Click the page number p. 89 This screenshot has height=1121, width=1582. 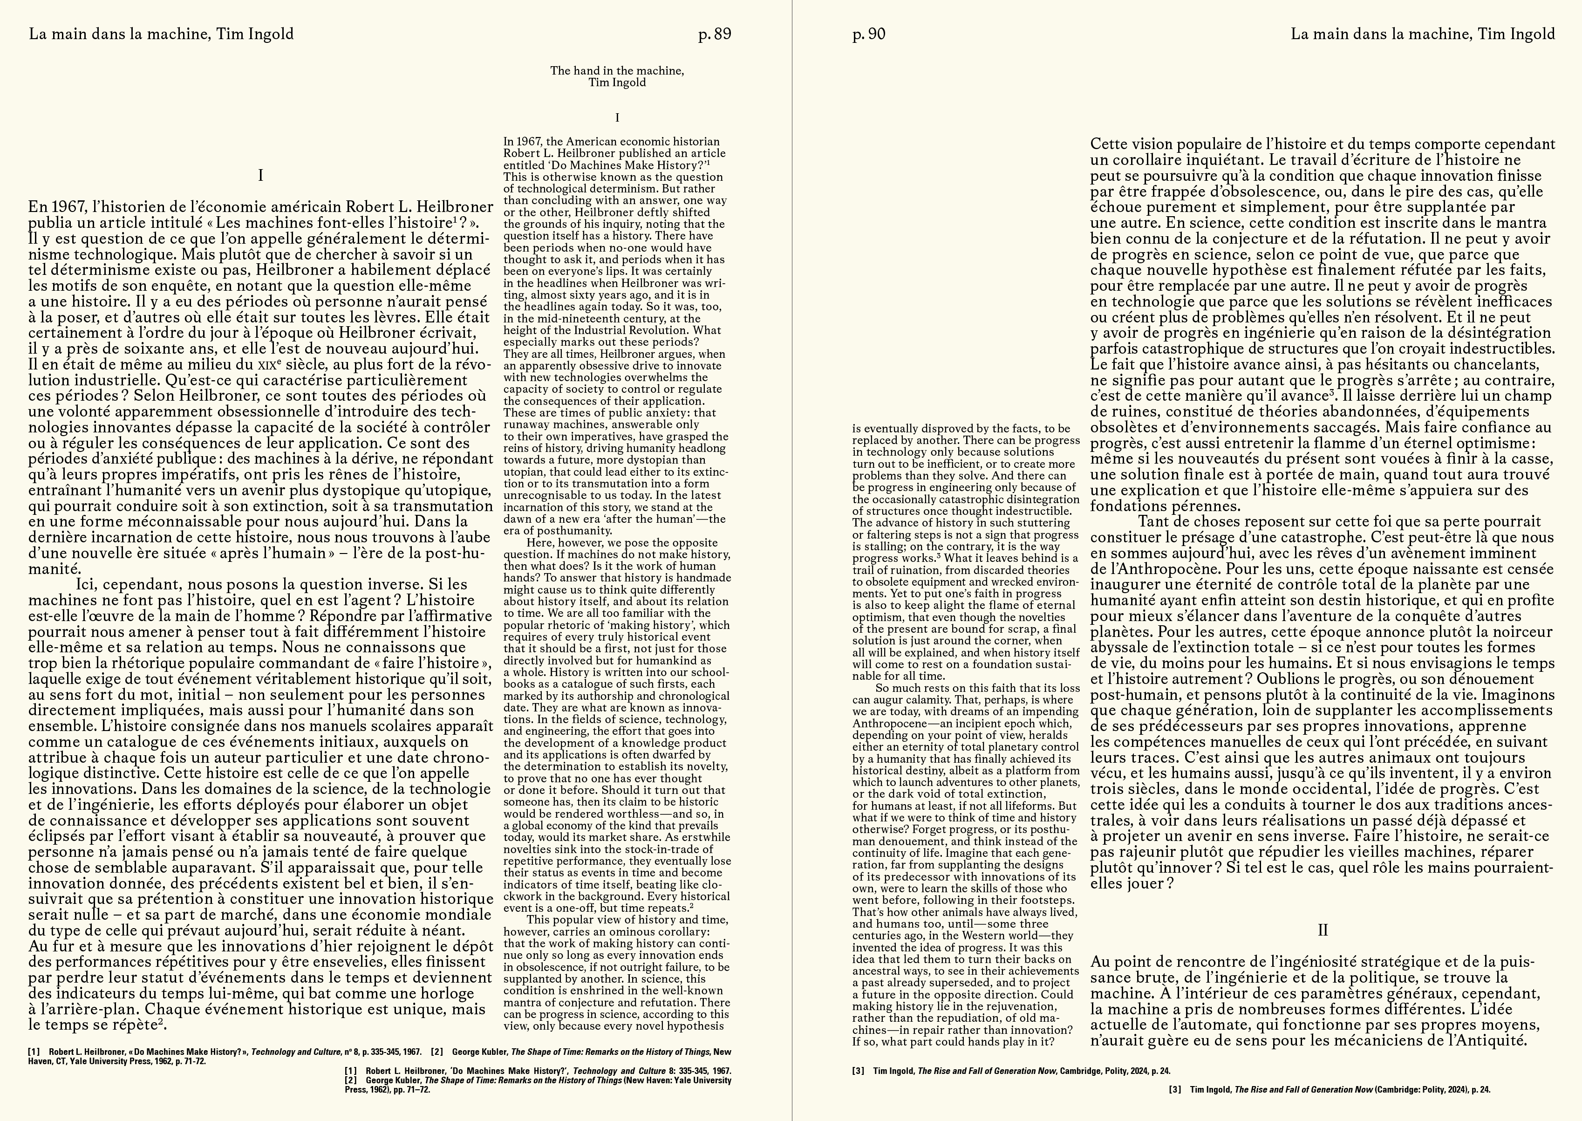point(715,34)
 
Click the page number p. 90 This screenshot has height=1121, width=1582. point(868,34)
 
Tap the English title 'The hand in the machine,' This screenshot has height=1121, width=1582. point(616,70)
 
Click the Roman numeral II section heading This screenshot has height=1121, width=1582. point(1323,930)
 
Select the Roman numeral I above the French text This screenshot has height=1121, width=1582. point(260,175)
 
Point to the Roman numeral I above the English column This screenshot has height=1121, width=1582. point(616,118)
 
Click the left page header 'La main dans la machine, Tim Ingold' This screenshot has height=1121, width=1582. point(161,34)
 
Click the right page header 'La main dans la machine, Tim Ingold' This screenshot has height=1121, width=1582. point(1423,34)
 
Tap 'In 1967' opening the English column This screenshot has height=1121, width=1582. point(523,142)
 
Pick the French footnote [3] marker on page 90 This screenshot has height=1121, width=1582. point(858,1071)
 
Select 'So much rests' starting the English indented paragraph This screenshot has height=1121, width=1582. point(909,688)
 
